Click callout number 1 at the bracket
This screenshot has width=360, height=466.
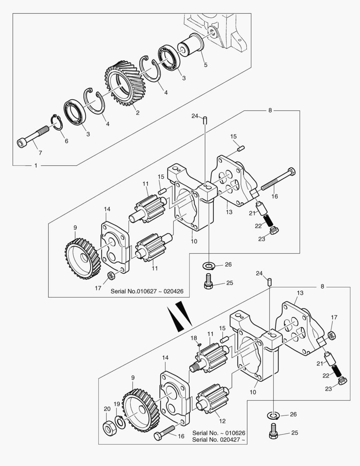click(x=35, y=166)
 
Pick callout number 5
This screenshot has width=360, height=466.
click(x=206, y=65)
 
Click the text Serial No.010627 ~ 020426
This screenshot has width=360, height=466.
click(x=147, y=291)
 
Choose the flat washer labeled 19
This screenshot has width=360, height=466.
click(x=120, y=422)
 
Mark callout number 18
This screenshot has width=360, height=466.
click(x=194, y=337)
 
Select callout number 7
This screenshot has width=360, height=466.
click(x=40, y=153)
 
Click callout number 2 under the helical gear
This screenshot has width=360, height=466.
click(x=137, y=113)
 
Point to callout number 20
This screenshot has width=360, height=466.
click(x=107, y=409)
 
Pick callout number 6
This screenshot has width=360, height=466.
click(x=66, y=141)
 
